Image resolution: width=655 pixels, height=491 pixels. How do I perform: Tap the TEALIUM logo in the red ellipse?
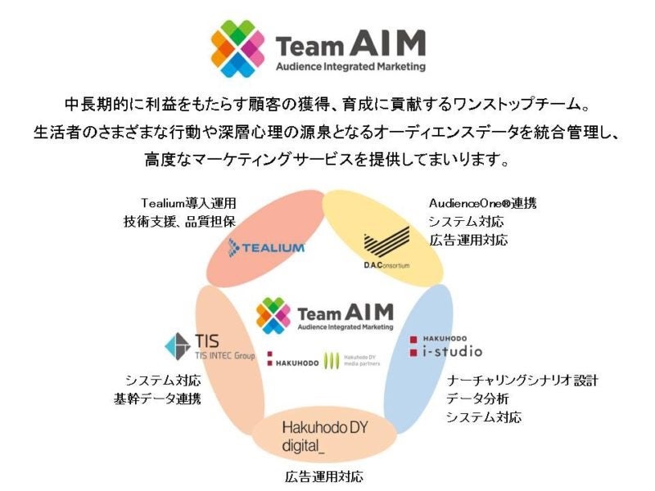[266, 246]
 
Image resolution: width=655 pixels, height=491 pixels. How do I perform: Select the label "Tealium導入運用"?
[188, 202]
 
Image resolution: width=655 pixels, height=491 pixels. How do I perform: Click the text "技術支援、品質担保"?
[178, 222]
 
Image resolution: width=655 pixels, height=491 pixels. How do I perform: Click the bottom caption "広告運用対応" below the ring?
[324, 475]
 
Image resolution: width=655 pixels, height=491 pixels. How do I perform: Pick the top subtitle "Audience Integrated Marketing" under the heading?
[350, 65]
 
